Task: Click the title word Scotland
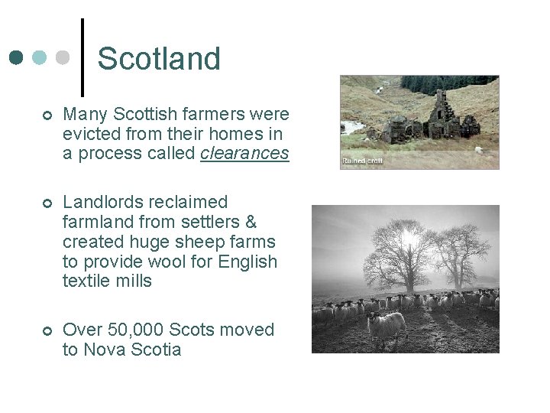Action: point(159,59)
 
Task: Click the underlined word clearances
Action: point(244,153)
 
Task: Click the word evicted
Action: point(89,134)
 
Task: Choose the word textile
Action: point(86,281)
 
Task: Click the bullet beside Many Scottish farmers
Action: point(47,115)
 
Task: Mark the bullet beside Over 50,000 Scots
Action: point(47,330)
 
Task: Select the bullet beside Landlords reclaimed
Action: point(47,203)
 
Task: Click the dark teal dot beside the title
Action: point(17,58)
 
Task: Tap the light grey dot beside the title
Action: point(63,58)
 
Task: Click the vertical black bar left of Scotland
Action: point(82,54)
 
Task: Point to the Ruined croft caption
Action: point(363,161)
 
